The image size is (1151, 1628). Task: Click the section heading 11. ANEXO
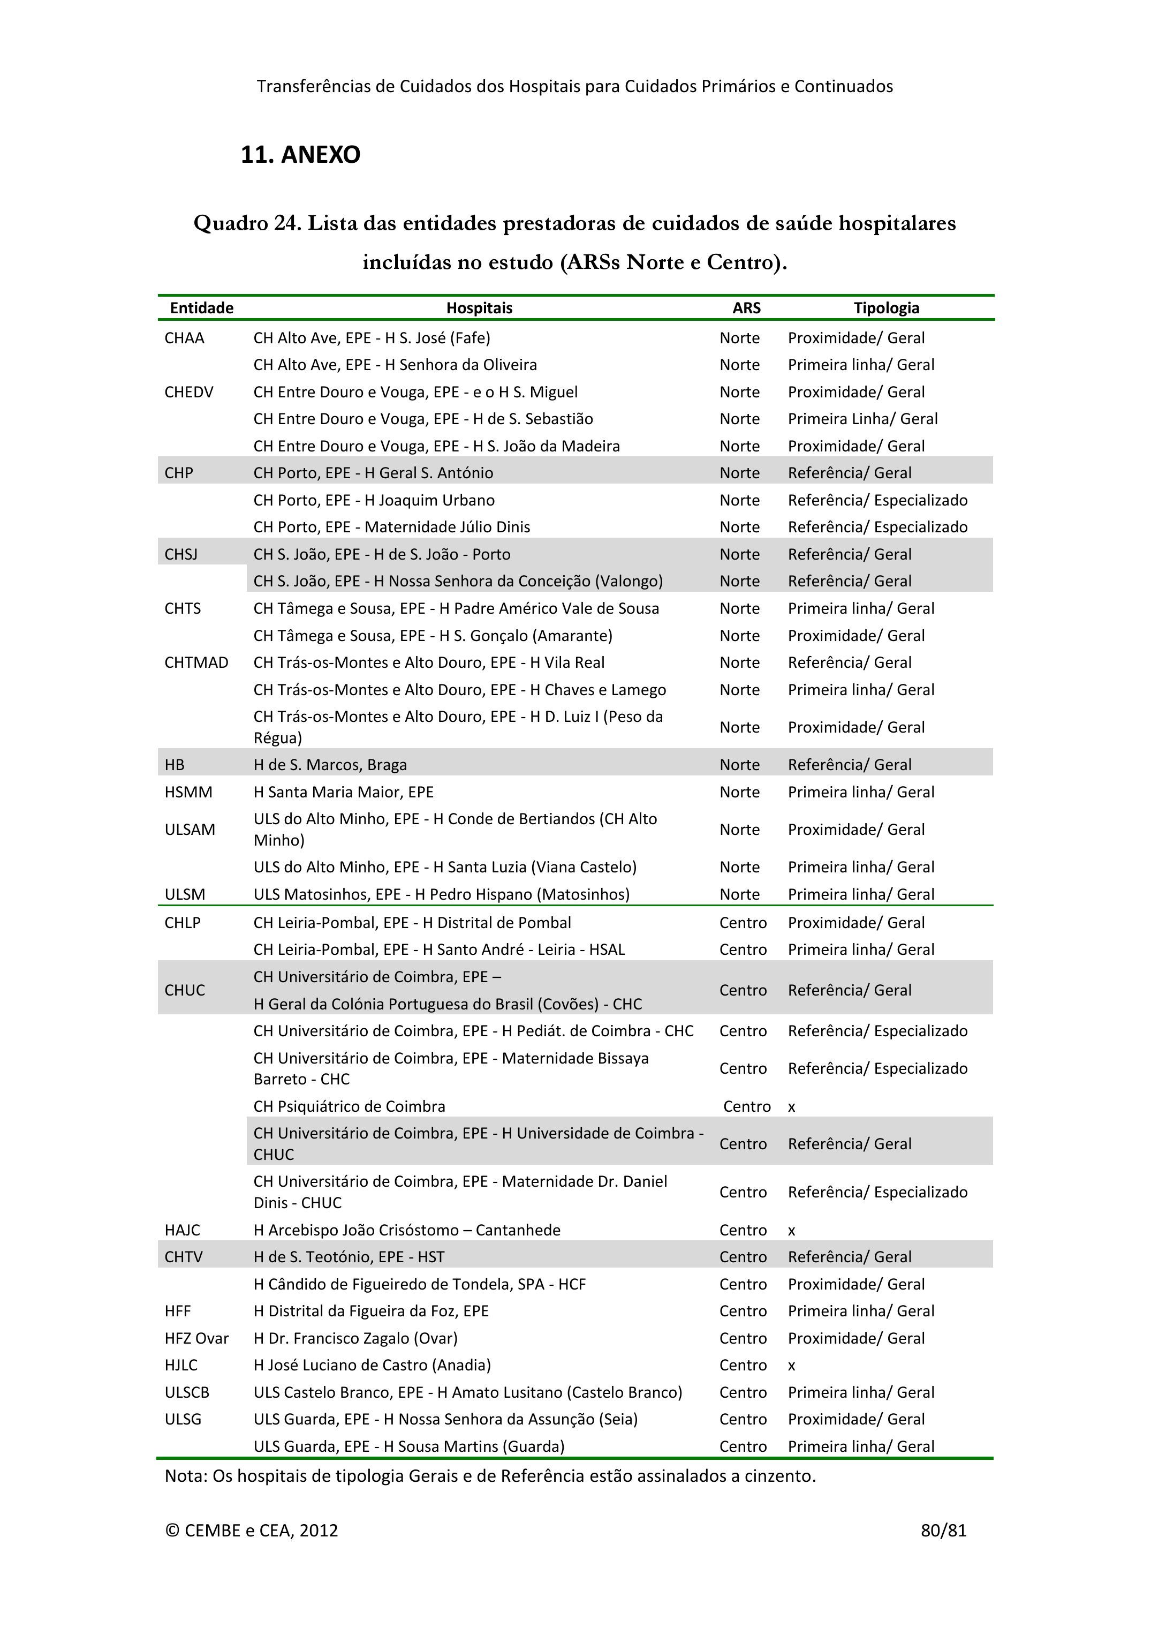(300, 155)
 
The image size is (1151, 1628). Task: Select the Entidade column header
(201, 308)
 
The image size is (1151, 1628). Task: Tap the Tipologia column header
(886, 308)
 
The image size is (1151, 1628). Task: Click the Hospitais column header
(479, 308)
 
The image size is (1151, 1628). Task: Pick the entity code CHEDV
(188, 392)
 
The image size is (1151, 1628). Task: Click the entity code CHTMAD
(196, 662)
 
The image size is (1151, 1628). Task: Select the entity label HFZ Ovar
(196, 1338)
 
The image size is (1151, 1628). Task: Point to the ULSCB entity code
(187, 1392)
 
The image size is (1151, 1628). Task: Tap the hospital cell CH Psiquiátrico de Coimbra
(350, 1106)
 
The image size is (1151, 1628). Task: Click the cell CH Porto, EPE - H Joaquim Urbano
(374, 500)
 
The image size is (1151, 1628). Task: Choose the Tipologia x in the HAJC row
(792, 1230)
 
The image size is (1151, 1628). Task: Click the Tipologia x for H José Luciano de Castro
(792, 1365)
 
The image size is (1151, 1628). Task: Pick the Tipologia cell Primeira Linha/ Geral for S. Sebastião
(862, 419)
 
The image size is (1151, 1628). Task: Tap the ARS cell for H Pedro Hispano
(739, 894)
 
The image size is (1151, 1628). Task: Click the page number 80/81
(943, 1530)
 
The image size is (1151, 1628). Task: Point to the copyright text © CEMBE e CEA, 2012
(252, 1530)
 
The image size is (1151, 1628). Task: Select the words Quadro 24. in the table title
(247, 223)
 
